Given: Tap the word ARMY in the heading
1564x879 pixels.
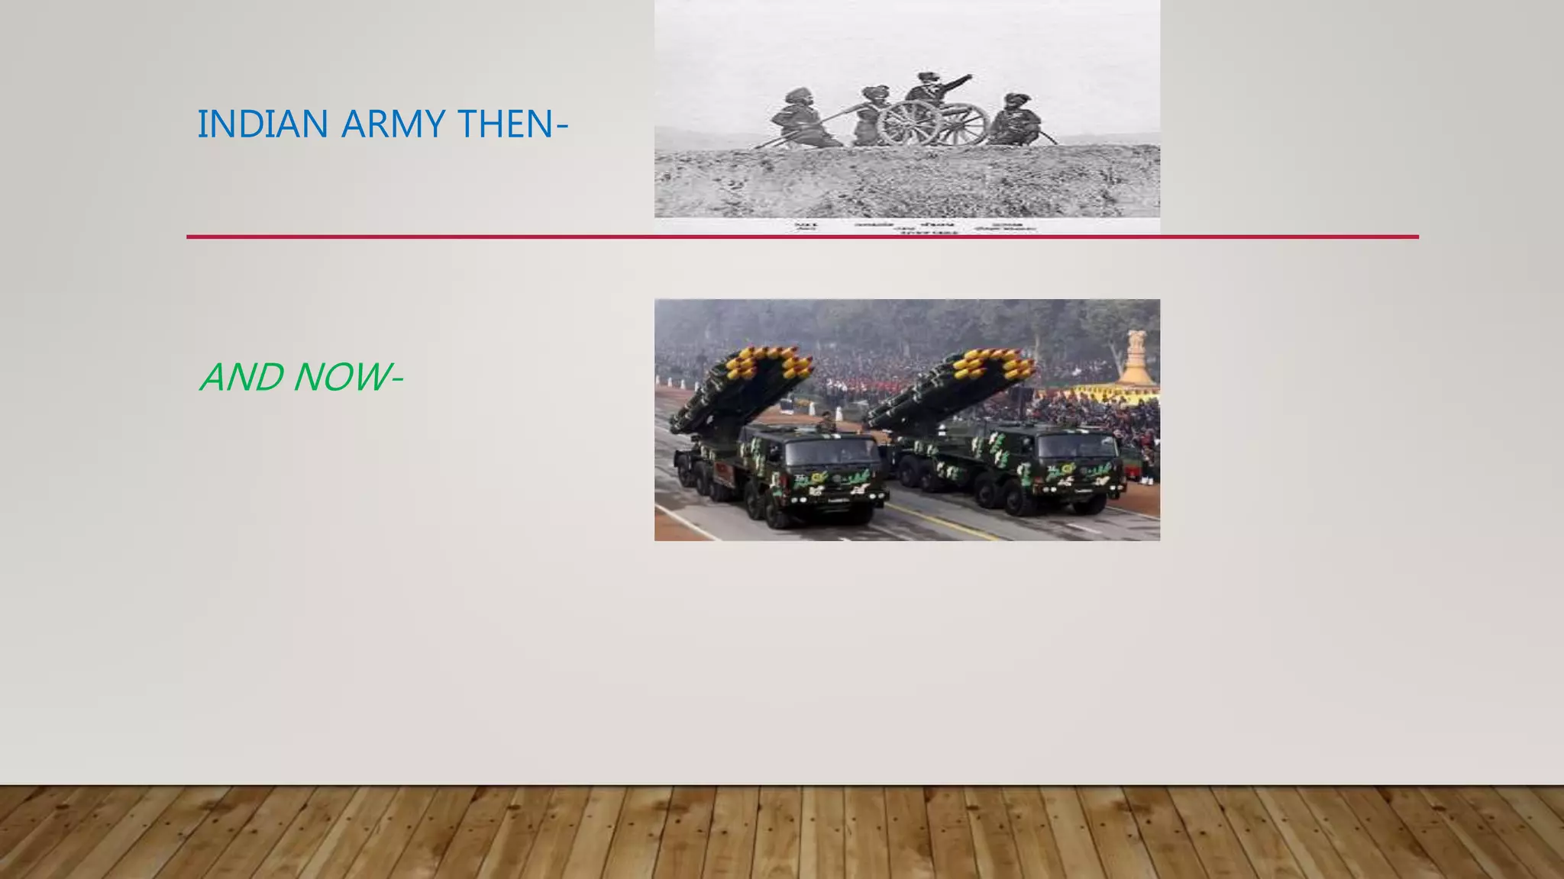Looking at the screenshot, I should pyautogui.click(x=393, y=124).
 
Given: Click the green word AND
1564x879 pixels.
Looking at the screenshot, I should pyautogui.click(x=241, y=377).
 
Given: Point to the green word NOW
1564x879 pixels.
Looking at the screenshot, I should pyautogui.click(x=341, y=377).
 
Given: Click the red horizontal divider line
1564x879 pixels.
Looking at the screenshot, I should pyautogui.click(x=802, y=237).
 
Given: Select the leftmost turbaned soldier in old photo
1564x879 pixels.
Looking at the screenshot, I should pyautogui.click(x=798, y=118).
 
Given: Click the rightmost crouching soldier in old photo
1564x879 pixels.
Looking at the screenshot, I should pyautogui.click(x=1016, y=121).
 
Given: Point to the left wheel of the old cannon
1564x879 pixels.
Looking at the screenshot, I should pyautogui.click(x=908, y=124).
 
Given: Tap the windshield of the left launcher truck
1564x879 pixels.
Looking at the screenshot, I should pyautogui.click(x=832, y=451).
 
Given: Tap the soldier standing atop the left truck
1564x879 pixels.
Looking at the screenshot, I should pyautogui.click(x=826, y=422).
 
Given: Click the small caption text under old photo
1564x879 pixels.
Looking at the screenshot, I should pyautogui.click(x=916, y=227).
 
